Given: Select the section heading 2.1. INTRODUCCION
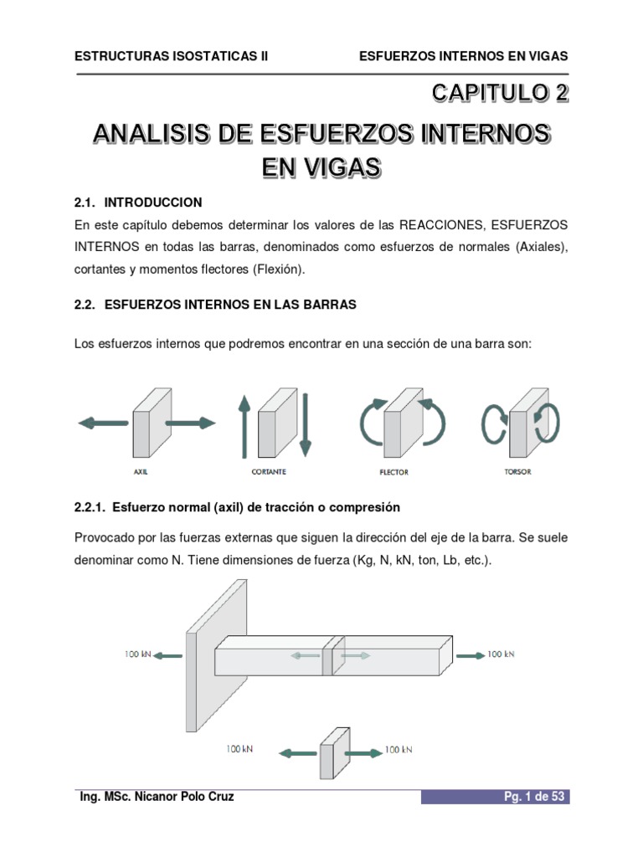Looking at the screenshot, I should [138, 203].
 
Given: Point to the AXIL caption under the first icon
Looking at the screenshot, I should [141, 472].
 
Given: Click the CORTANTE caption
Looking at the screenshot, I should [269, 472].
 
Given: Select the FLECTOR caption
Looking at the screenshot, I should [394, 473].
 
